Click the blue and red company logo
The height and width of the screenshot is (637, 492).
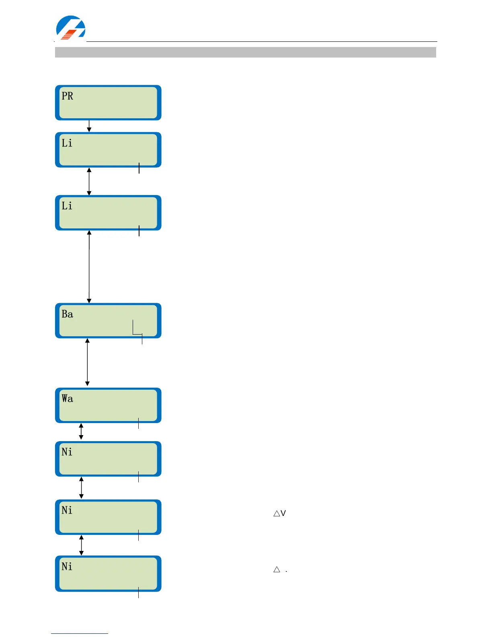(x=70, y=28)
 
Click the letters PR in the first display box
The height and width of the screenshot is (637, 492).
(x=67, y=96)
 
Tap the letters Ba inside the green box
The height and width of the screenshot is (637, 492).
(x=67, y=314)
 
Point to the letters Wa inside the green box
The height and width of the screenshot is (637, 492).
(x=67, y=399)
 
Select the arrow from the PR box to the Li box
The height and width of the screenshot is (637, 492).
(x=89, y=126)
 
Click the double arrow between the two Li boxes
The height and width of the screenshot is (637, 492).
(x=89, y=181)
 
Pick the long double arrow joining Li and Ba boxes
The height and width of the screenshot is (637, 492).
(x=89, y=267)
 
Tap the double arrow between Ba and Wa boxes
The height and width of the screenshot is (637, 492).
(x=87, y=362)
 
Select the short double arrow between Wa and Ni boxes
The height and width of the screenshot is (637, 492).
(x=81, y=432)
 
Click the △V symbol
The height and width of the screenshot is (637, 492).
(x=279, y=514)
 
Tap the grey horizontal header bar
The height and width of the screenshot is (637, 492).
(x=245, y=52)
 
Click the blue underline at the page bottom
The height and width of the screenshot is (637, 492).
(x=79, y=633)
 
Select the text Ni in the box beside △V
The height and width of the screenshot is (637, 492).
(x=67, y=510)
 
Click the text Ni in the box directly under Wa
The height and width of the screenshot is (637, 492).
(x=67, y=452)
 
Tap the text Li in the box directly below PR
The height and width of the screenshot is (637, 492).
(x=67, y=143)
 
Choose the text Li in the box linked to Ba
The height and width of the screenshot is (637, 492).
(x=67, y=206)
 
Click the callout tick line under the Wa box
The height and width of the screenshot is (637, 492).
(x=138, y=423)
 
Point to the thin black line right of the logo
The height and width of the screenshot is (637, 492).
(x=261, y=41)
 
